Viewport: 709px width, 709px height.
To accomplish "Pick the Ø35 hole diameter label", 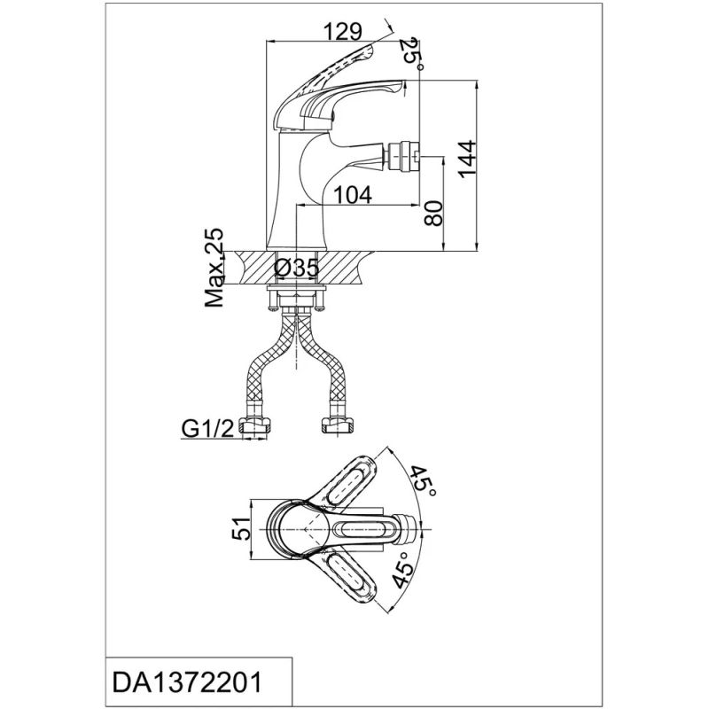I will click(296, 267).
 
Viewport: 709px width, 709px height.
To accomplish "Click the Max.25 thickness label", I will click(214, 268).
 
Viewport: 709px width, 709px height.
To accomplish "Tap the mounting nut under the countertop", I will click(293, 299).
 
